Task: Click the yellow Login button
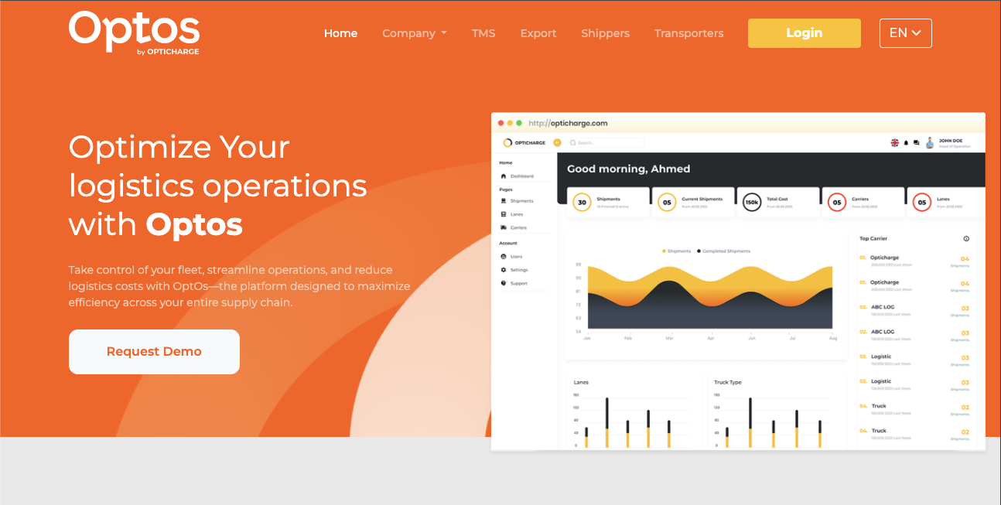click(x=804, y=33)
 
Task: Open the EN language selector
click(x=905, y=33)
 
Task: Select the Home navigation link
click(x=340, y=33)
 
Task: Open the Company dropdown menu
click(x=414, y=33)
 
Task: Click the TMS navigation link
click(x=483, y=33)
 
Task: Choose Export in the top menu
click(x=538, y=33)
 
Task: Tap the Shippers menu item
click(x=605, y=33)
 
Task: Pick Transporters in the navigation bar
click(x=688, y=33)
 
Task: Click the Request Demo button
click(x=154, y=352)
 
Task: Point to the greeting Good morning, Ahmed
click(x=628, y=169)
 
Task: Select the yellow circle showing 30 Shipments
click(x=582, y=203)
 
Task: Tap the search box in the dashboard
click(x=605, y=143)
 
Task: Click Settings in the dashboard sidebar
click(x=518, y=270)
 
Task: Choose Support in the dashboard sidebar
click(x=518, y=284)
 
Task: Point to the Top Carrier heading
click(x=874, y=239)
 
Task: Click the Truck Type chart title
click(x=727, y=383)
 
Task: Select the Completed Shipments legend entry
click(x=725, y=251)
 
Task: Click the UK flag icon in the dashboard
click(x=895, y=143)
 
